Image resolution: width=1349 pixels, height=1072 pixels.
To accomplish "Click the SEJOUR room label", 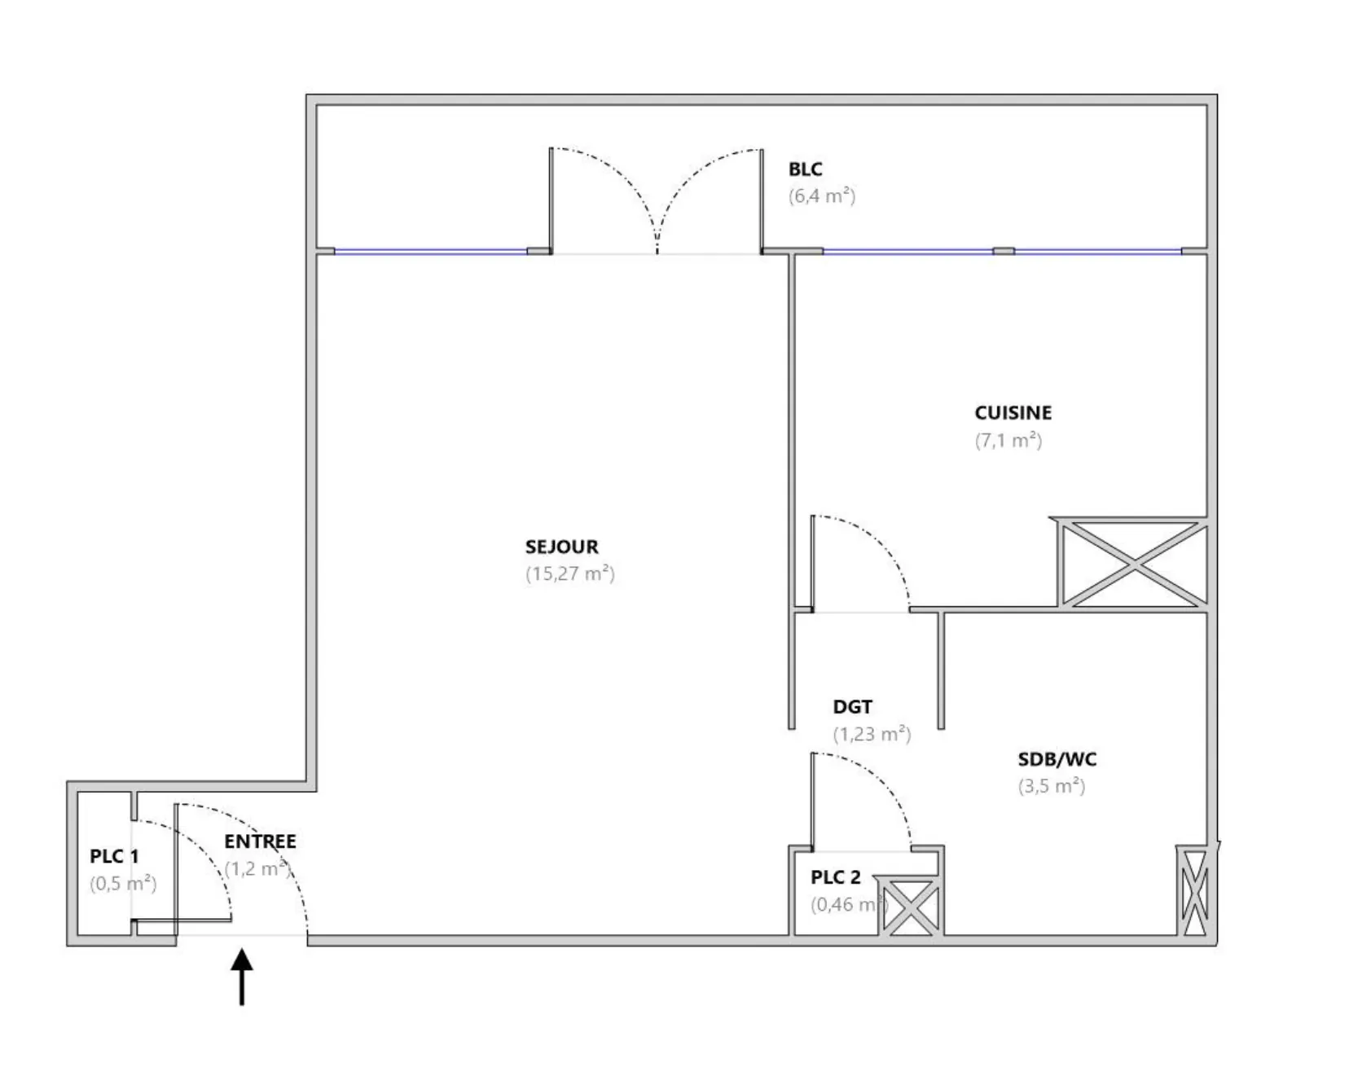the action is pos(561,547).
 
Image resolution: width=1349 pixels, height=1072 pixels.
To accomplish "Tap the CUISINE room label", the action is pos(1013,413).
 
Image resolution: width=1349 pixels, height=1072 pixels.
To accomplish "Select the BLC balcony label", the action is pos(805,169).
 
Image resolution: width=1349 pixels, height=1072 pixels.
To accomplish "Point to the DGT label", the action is pos(852,707).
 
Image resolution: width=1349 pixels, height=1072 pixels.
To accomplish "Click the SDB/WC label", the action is pos(1057,759).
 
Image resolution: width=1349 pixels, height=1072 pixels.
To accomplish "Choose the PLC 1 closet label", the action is pos(114,857).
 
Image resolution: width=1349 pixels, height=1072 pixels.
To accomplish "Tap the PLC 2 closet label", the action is pos(835,877).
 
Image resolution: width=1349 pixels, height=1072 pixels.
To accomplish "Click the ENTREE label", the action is pos(260,841).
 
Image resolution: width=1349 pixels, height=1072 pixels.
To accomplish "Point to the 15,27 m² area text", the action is pos(569,573).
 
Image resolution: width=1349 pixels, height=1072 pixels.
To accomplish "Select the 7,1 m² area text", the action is pos(1008,441).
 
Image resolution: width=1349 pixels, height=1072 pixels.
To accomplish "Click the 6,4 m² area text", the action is pos(822,196).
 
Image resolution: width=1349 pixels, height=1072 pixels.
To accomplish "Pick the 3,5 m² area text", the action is pos(1052,787).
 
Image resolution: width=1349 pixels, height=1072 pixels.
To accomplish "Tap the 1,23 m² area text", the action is pos(872,735).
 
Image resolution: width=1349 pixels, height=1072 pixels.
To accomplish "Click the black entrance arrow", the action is pos(241,977).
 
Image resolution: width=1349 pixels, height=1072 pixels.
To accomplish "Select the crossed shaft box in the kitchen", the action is pos(1132,562).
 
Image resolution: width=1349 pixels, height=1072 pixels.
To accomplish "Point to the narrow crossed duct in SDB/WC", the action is pos(1194,890).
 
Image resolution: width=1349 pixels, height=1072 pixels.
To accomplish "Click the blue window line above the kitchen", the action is pos(1002,251).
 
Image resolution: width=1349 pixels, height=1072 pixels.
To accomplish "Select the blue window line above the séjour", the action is pos(431,251).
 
